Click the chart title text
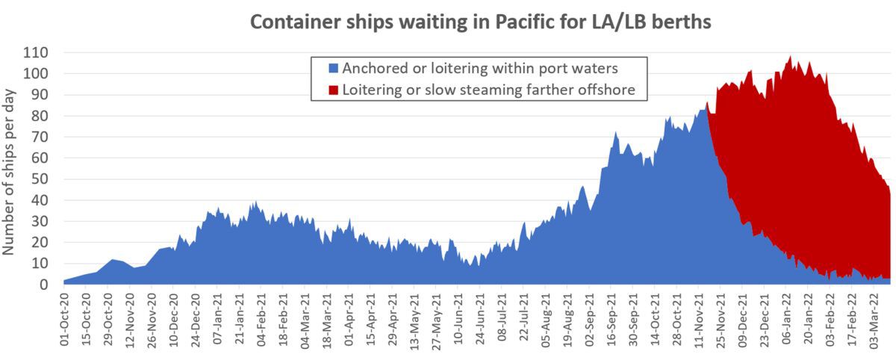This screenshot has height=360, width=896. (x=480, y=22)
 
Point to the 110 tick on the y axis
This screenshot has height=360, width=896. (x=36, y=52)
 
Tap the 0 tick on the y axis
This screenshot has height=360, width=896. (x=44, y=285)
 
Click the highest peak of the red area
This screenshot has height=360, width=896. (x=790, y=57)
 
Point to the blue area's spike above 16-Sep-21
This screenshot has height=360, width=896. (x=615, y=134)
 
